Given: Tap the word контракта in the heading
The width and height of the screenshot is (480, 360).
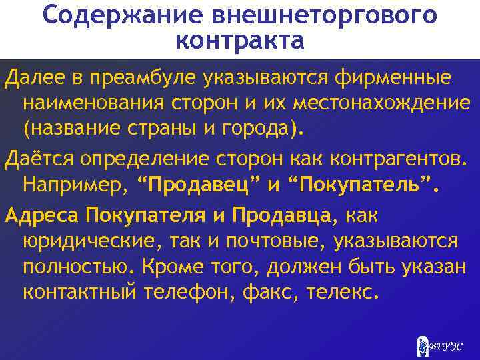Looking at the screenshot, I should pyautogui.click(x=240, y=41).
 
